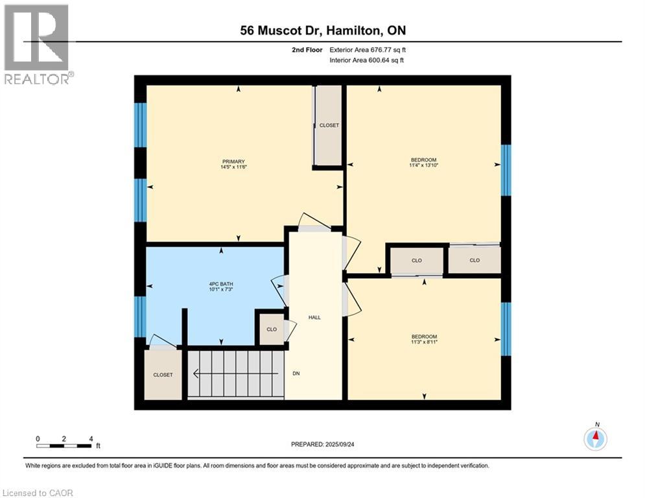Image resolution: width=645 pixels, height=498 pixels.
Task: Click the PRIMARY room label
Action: tap(233, 161)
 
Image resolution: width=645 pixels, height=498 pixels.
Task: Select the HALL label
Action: tap(315, 317)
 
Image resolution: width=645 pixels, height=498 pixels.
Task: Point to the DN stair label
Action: tap(296, 373)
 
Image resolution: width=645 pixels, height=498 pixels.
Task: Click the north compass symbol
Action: tap(595, 439)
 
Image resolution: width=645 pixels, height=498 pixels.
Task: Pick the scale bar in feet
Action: tap(64, 445)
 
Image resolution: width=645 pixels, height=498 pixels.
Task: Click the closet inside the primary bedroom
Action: tap(329, 125)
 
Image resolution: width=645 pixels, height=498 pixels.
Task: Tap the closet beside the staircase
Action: tap(163, 375)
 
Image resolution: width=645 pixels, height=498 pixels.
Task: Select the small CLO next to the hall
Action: tap(272, 329)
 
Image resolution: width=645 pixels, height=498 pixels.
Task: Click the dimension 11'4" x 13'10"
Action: tap(424, 165)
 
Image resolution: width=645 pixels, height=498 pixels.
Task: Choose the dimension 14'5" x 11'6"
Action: tap(233, 167)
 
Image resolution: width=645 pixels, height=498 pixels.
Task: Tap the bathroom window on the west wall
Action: tap(140, 316)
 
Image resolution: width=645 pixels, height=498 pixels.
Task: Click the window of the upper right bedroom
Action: tap(506, 170)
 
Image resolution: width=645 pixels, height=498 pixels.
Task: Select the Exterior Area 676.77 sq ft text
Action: tap(368, 49)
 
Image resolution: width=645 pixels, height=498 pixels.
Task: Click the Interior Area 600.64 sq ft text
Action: tap(368, 60)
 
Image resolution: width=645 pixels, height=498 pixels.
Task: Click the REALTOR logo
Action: tap(38, 44)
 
